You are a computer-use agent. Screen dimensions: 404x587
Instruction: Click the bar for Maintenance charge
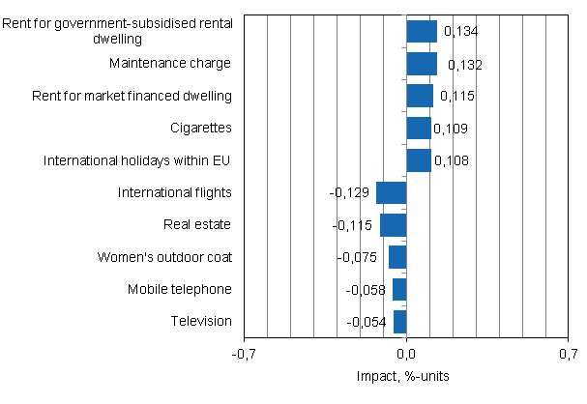pyautogui.click(x=422, y=64)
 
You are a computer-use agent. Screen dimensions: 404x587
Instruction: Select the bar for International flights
pyautogui.click(x=392, y=192)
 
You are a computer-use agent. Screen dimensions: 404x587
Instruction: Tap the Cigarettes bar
pyautogui.click(x=419, y=129)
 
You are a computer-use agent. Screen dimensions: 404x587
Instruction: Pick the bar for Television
pyautogui.click(x=400, y=322)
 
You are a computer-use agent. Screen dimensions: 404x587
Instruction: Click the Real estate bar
pyautogui.click(x=394, y=225)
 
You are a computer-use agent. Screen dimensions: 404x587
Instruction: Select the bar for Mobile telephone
pyautogui.click(x=399, y=289)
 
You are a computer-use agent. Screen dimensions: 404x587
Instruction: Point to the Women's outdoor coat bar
pyautogui.click(x=397, y=257)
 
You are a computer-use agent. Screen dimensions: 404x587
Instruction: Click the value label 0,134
pyautogui.click(x=460, y=32)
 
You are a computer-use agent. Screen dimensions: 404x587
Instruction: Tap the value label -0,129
pyautogui.click(x=350, y=193)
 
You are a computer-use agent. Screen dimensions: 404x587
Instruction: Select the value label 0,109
pyautogui.click(x=450, y=129)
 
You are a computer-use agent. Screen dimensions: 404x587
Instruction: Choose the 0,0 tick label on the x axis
pyautogui.click(x=406, y=355)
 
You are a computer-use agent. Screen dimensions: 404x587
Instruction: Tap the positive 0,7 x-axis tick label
pyautogui.click(x=567, y=355)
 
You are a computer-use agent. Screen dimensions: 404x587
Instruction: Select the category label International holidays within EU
pyautogui.click(x=137, y=160)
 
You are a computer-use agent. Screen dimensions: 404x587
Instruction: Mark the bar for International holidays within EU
pyautogui.click(x=419, y=160)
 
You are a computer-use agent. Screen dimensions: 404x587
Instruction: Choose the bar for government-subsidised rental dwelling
pyautogui.click(x=422, y=32)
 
